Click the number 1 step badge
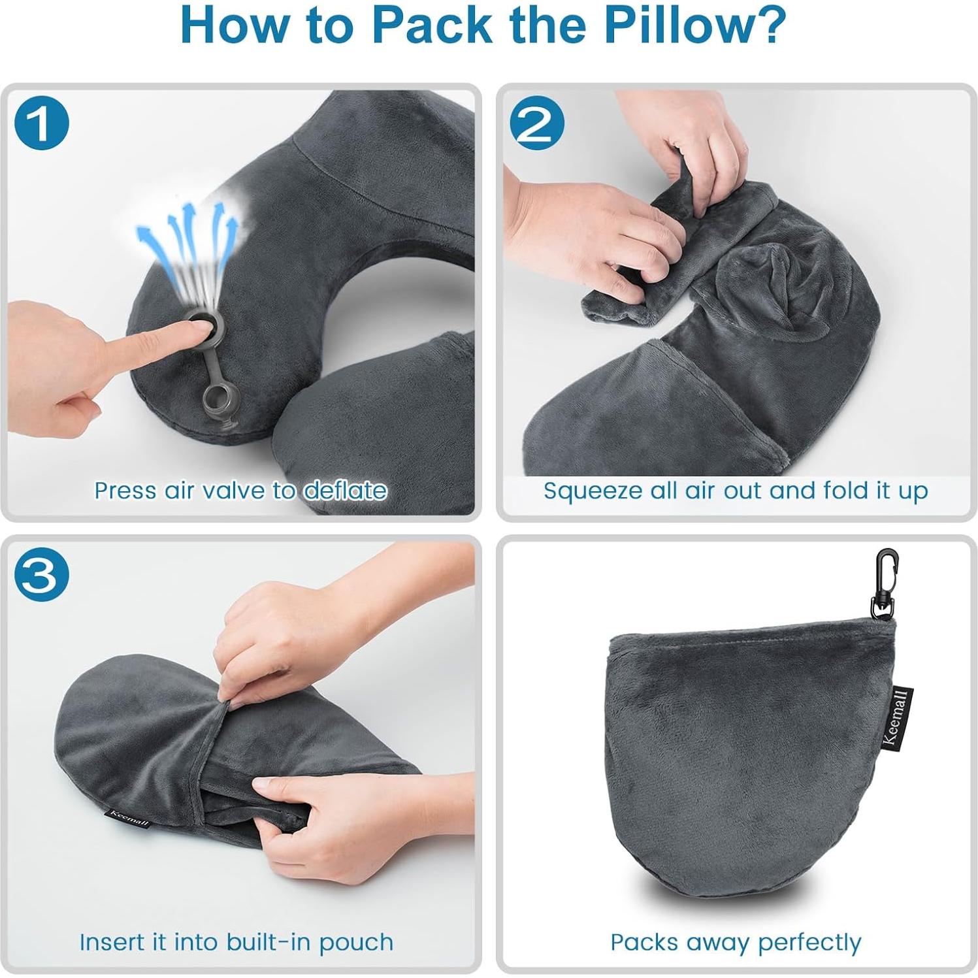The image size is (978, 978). pos(41,123)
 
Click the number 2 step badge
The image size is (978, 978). pos(536,123)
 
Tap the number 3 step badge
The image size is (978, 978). pos(41,575)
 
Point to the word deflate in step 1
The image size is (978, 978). pos(345,490)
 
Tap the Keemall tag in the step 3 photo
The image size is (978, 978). pos(129,818)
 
